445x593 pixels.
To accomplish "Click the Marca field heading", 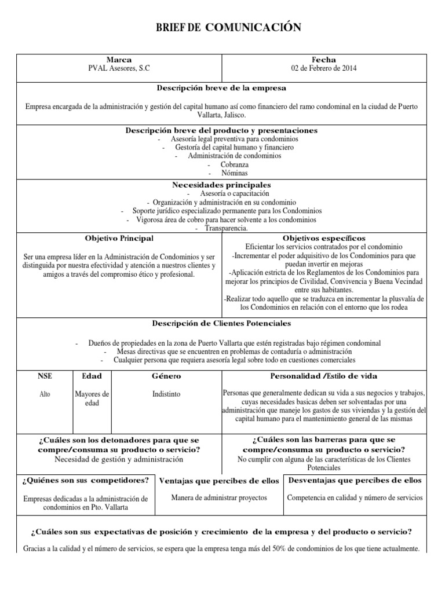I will point(119,60).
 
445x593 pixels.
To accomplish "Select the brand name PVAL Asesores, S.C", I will point(119,68).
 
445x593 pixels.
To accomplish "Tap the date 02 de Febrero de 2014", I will point(324,68).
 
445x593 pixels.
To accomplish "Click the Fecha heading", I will point(324,60).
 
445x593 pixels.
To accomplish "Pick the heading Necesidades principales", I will point(221,184).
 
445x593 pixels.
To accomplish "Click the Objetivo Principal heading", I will point(119,239).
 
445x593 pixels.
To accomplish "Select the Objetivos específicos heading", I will point(324,239).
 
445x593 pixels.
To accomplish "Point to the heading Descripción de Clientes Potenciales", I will point(221,323).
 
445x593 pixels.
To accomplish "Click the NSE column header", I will point(44,376).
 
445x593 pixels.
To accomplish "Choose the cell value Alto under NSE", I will point(44,394).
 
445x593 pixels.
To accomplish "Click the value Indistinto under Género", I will point(166,394).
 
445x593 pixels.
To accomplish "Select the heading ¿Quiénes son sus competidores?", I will point(85,480).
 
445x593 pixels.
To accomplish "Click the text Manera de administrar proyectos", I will point(219,497).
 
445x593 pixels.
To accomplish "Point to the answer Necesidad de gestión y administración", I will point(119,459).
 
